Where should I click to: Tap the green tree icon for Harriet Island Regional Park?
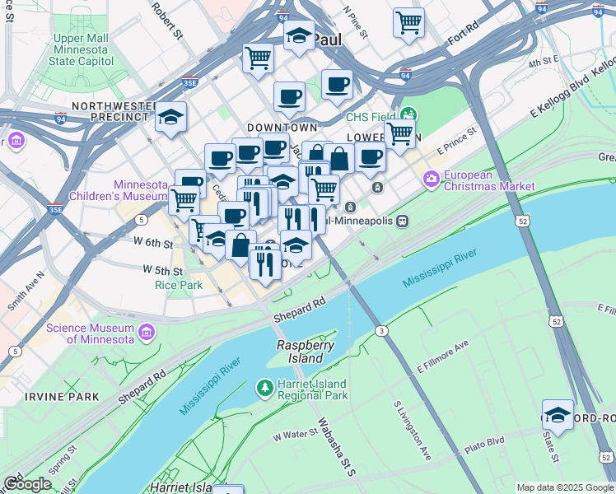coord(265,385)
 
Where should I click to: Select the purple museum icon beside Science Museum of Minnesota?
coord(147,333)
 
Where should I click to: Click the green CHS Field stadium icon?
coord(408,116)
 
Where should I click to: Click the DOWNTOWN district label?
coord(282,128)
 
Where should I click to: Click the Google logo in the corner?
coord(26,483)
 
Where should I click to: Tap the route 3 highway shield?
coord(381,330)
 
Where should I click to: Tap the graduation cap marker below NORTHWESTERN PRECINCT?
coord(171,118)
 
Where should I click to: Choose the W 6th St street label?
coord(156,244)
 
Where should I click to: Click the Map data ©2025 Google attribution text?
coord(565,487)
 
